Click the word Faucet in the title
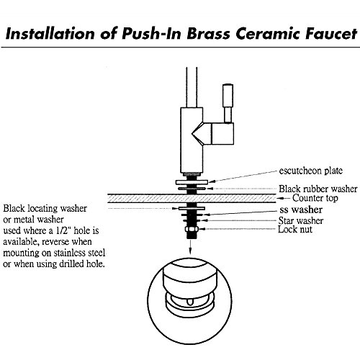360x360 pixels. (331, 33)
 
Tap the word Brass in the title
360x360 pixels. (208, 33)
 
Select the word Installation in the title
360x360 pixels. (50, 33)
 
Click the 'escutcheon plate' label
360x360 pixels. (311, 171)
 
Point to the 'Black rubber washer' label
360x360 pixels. (318, 189)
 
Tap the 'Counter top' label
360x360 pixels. (315, 198)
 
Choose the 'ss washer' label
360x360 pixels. (301, 210)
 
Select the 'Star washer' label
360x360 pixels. (301, 220)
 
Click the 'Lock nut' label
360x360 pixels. (295, 229)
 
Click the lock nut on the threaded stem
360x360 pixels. (192, 230)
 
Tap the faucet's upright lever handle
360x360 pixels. (228, 103)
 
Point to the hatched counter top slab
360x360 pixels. (192, 198)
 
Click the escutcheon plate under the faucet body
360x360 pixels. (192, 182)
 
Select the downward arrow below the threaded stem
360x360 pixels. (190, 246)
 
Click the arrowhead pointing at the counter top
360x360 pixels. (280, 198)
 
